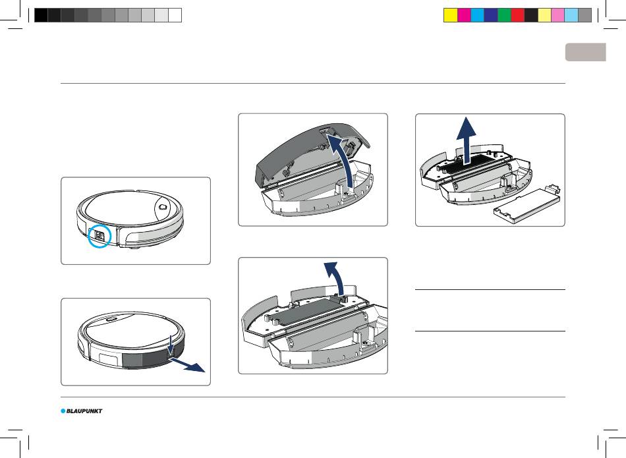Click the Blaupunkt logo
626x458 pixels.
tap(82, 411)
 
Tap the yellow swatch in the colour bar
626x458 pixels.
tap(451, 15)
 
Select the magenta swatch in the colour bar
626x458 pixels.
tap(465, 15)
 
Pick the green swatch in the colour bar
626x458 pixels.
tap(504, 15)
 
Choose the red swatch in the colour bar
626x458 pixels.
tap(518, 15)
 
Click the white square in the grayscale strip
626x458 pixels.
tap(175, 15)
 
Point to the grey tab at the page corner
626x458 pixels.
tap(586, 52)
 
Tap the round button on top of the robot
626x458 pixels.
tap(163, 207)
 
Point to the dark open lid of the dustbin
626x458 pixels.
tap(308, 152)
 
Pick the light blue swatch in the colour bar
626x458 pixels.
tap(571, 15)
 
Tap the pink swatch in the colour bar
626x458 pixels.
tap(557, 15)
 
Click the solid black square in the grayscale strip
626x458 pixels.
tap(41, 15)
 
